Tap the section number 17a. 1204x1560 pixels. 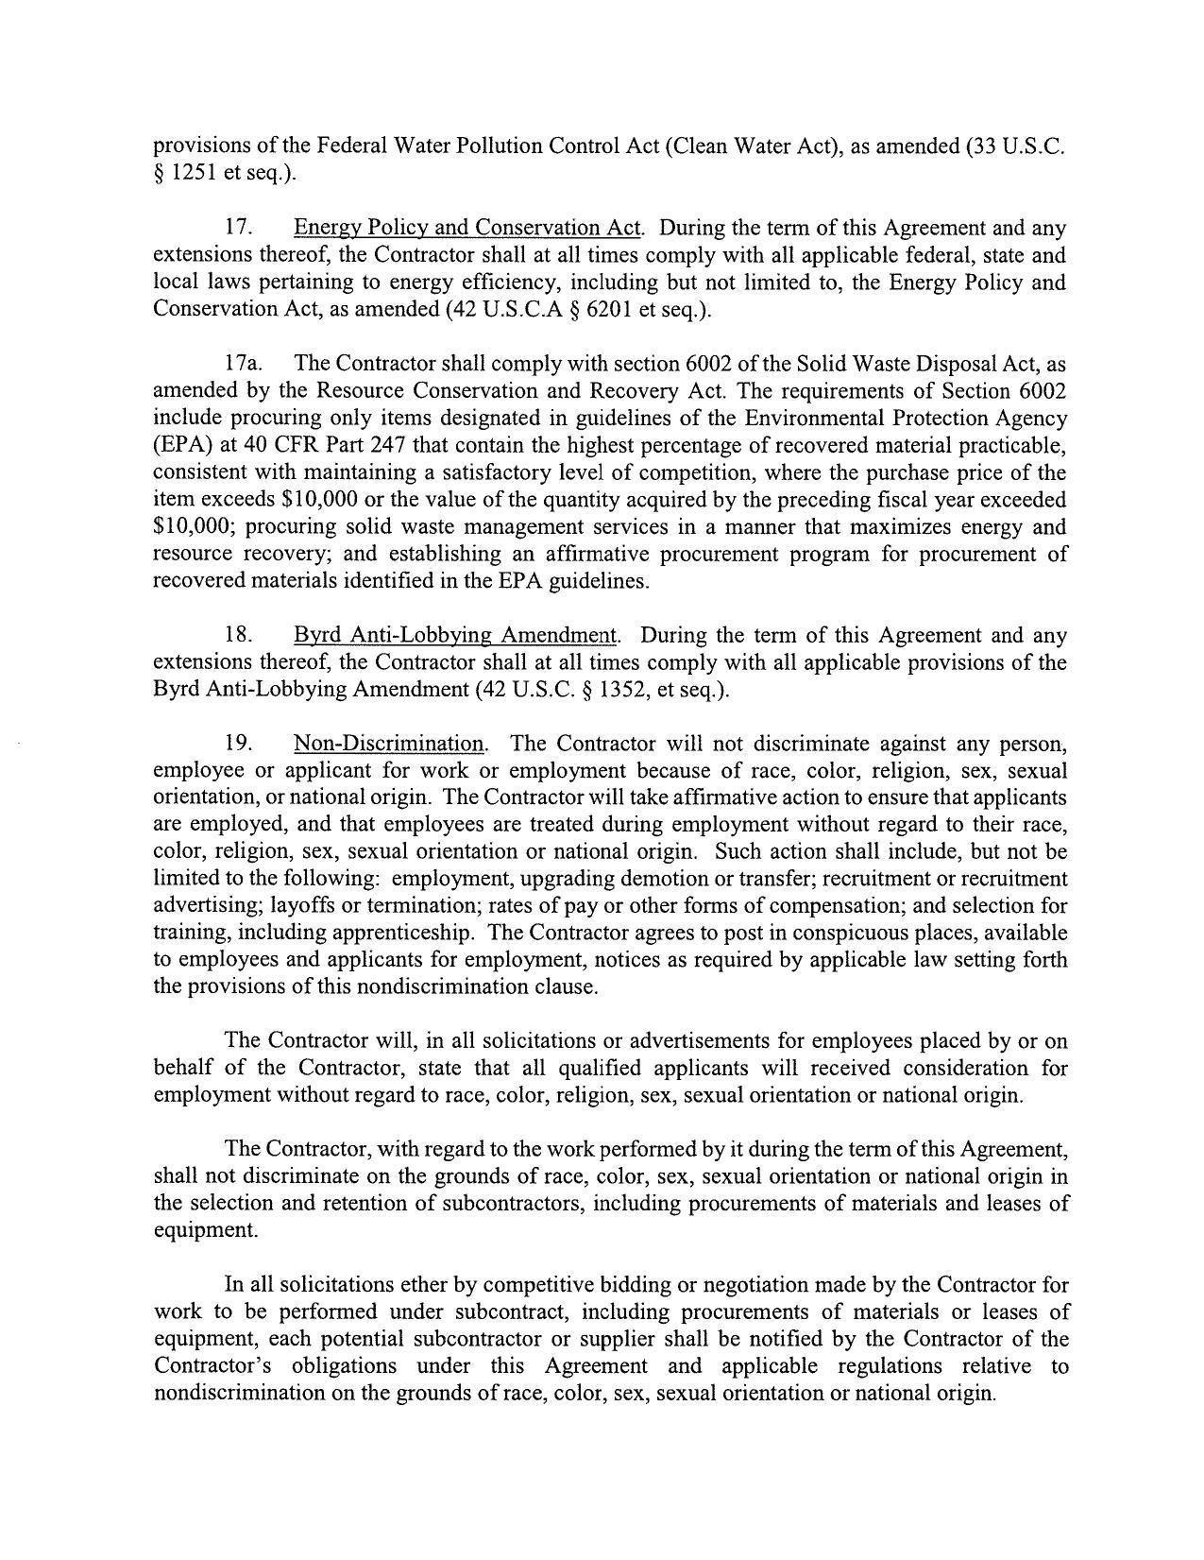(x=243, y=364)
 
